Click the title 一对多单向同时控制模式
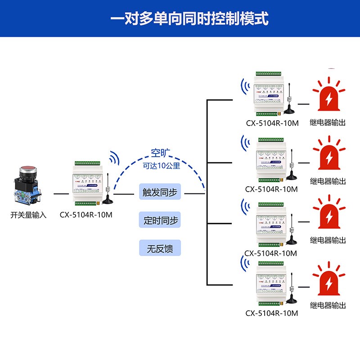pyautogui.click(x=189, y=19)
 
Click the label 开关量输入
pyautogui.click(x=28, y=215)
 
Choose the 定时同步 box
pyautogui.click(x=160, y=221)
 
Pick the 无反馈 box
pyautogui.click(x=160, y=248)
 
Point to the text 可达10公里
pyautogui.click(x=161, y=166)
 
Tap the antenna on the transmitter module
pyautogui.click(x=108, y=191)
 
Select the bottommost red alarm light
pyautogui.click(x=330, y=282)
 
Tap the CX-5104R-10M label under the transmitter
pyautogui.click(x=86, y=215)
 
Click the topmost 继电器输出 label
pyautogui.click(x=328, y=122)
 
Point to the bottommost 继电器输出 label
pyautogui.click(x=328, y=306)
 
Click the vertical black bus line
pyautogui.click(x=207, y=193)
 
